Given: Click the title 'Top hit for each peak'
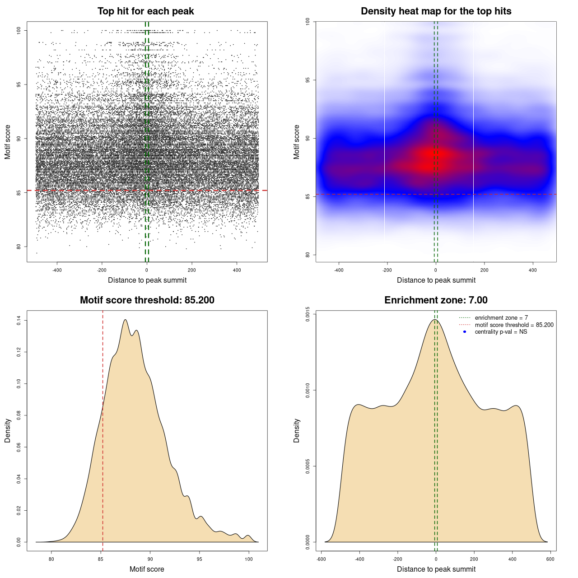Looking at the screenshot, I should click(145, 11).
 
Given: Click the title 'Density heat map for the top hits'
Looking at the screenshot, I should click(436, 11).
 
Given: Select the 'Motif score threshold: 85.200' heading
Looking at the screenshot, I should click(147, 300).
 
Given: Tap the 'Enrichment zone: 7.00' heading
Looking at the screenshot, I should click(436, 300).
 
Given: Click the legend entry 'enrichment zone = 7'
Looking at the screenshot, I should click(501, 318).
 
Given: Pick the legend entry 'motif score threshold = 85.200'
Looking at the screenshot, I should click(514, 325).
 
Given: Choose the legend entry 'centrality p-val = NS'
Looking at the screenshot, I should click(501, 332).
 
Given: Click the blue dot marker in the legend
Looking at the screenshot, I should click(465, 332).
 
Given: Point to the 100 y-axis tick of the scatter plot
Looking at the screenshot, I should click(19, 30).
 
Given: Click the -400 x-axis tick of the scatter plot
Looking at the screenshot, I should click(57, 270).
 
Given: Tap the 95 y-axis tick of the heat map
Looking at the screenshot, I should click(308, 80).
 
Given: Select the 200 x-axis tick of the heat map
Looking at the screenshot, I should click(485, 270).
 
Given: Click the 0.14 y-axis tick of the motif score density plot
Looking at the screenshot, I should click(19, 321).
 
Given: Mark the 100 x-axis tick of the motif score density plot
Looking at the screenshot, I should click(248, 559).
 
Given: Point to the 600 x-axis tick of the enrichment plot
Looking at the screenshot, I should click(550, 559).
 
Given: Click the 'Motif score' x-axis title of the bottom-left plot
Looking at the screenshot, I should click(147, 569).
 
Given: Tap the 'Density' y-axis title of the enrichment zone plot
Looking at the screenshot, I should click(297, 430).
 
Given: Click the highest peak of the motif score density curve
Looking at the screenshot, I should click(125, 320).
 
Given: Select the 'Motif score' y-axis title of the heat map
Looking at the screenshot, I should click(297, 142).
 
